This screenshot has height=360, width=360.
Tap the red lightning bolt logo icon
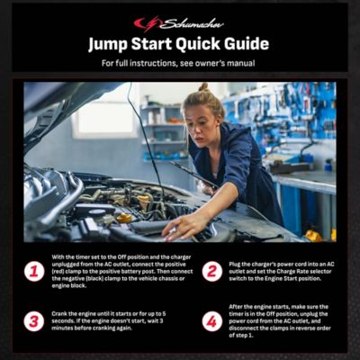click(141, 22)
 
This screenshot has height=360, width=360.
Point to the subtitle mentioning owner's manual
click(179, 63)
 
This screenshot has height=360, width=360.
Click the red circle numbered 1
click(33, 271)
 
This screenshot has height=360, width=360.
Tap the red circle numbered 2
click(211, 271)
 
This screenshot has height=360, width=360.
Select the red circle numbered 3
click(33, 320)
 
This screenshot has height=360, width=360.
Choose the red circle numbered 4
click(211, 320)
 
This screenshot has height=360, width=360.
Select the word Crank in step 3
click(60, 312)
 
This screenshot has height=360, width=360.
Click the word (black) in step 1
click(106, 278)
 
